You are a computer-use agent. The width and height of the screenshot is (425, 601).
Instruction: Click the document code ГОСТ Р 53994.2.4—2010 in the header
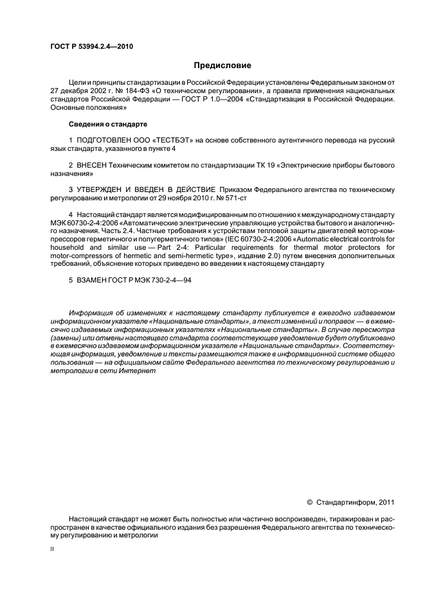coord(91,46)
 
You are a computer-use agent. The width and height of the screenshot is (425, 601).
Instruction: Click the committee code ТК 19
coord(258,165)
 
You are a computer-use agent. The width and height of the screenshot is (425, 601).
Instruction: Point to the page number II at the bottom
coord(53,549)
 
